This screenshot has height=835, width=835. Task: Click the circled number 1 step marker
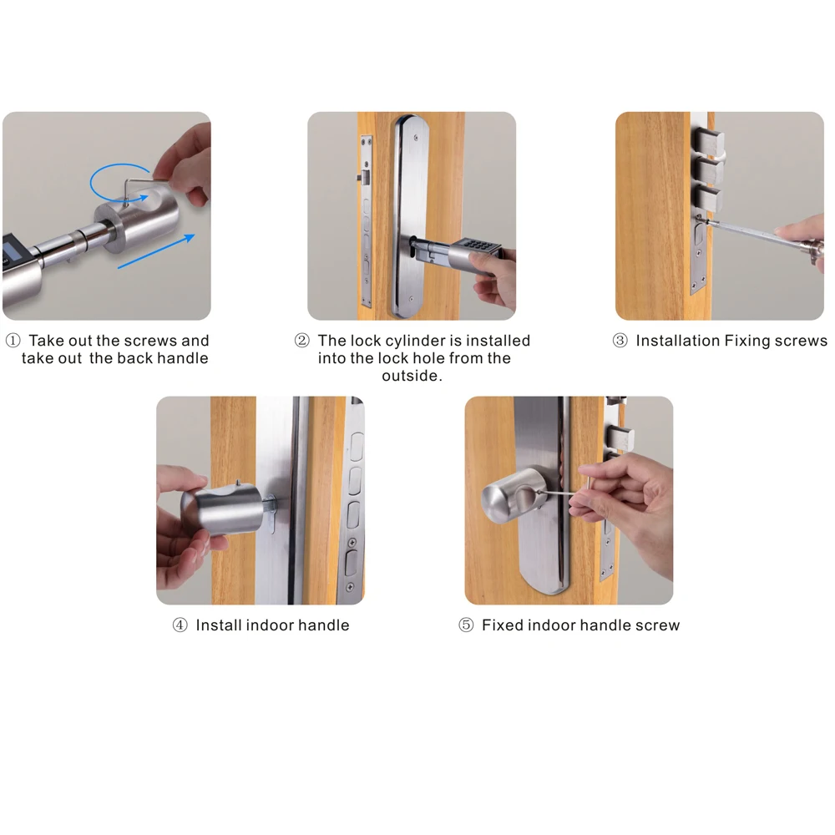13,341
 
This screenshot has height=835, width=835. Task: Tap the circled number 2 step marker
302,341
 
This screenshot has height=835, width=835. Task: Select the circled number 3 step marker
620,341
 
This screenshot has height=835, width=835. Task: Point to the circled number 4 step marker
180,625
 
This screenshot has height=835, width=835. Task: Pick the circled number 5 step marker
466,625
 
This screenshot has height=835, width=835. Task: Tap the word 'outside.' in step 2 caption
412,376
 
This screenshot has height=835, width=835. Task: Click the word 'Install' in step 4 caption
220,625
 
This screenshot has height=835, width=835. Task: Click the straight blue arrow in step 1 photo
156,250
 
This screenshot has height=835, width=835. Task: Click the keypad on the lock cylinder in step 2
477,246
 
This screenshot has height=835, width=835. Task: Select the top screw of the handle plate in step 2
416,138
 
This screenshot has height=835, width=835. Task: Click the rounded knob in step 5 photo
512,496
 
